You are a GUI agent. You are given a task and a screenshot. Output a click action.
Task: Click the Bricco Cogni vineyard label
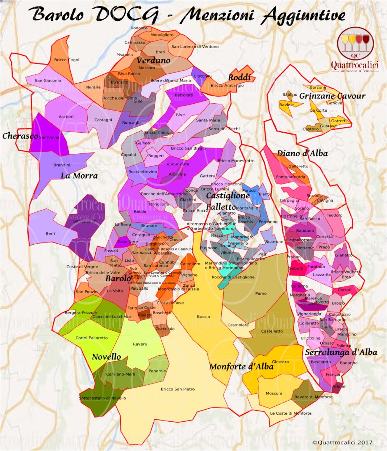click(67, 60)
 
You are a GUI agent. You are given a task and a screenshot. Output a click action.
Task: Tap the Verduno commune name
click(153, 60)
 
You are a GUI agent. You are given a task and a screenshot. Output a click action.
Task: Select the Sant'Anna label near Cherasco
click(49, 137)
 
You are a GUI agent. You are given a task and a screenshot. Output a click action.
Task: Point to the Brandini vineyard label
click(62, 165)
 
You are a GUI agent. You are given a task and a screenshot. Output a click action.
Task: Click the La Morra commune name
click(79, 176)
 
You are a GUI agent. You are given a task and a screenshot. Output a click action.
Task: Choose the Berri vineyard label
click(50, 233)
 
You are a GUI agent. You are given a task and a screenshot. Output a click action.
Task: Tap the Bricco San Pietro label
click(178, 389)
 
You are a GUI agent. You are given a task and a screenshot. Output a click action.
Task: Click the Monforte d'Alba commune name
click(241, 367)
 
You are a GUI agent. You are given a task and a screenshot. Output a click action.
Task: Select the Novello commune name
click(106, 357)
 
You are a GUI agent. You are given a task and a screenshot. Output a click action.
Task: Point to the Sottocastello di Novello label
click(103, 398)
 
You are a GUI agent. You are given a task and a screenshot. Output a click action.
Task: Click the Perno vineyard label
click(261, 293)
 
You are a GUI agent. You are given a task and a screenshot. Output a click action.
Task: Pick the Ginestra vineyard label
click(280, 362)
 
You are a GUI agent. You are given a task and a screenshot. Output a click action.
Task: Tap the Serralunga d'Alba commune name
click(341, 352)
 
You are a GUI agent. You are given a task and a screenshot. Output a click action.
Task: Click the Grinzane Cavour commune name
click(332, 96)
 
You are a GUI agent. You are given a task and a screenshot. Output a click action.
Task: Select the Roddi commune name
click(239, 77)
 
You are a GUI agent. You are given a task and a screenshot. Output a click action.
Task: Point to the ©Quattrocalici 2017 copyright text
click(342, 442)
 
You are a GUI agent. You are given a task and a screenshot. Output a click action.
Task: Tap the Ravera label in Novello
click(140, 344)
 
